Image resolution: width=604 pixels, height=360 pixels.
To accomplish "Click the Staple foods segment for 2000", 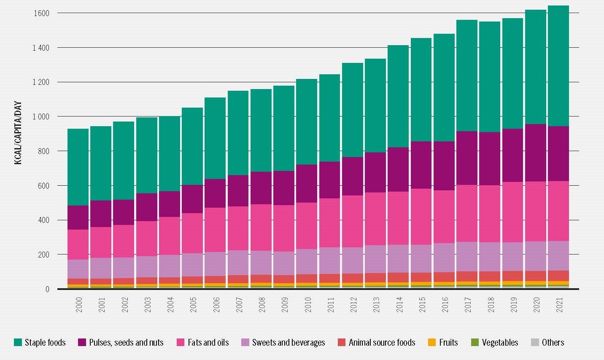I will pyautogui.click(x=78, y=167).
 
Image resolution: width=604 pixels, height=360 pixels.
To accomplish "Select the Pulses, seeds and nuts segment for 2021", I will pyautogui.click(x=558, y=154).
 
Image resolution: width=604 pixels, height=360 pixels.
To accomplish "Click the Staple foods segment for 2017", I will pyautogui.click(x=466, y=76).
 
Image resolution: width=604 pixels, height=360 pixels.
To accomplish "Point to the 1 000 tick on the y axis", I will pyautogui.click(x=41, y=116).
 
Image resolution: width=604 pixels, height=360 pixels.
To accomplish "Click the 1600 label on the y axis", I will pyautogui.click(x=41, y=13).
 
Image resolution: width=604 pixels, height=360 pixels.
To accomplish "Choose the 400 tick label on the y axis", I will pyautogui.click(x=42, y=220).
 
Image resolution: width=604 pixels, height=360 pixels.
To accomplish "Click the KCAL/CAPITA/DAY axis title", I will pyautogui.click(x=18, y=133).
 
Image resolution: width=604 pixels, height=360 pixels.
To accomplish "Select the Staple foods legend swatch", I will pyautogui.click(x=18, y=342).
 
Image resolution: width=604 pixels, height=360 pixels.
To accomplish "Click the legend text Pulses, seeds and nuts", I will pyautogui.click(x=126, y=342).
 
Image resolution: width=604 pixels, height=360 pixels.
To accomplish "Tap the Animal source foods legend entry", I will pyautogui.click(x=382, y=342).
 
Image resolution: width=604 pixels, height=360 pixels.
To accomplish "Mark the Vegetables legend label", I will pyautogui.click(x=500, y=342).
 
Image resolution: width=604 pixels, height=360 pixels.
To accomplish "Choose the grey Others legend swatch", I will pyautogui.click(x=535, y=342).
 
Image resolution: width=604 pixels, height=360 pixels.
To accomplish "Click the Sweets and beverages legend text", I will pyautogui.click(x=289, y=342).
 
